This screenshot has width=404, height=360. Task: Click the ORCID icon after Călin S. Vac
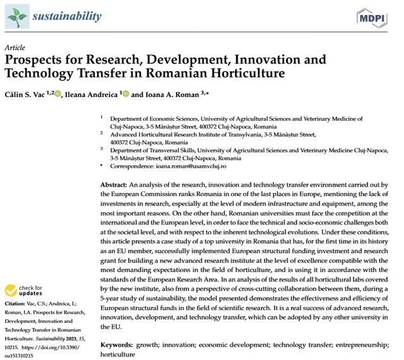coord(58,94)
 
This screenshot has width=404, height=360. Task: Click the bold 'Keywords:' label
coord(116,346)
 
